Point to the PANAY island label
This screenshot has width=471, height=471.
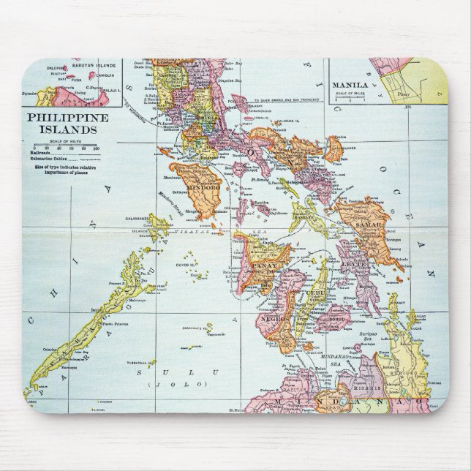pyautogui.click(x=257, y=257)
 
